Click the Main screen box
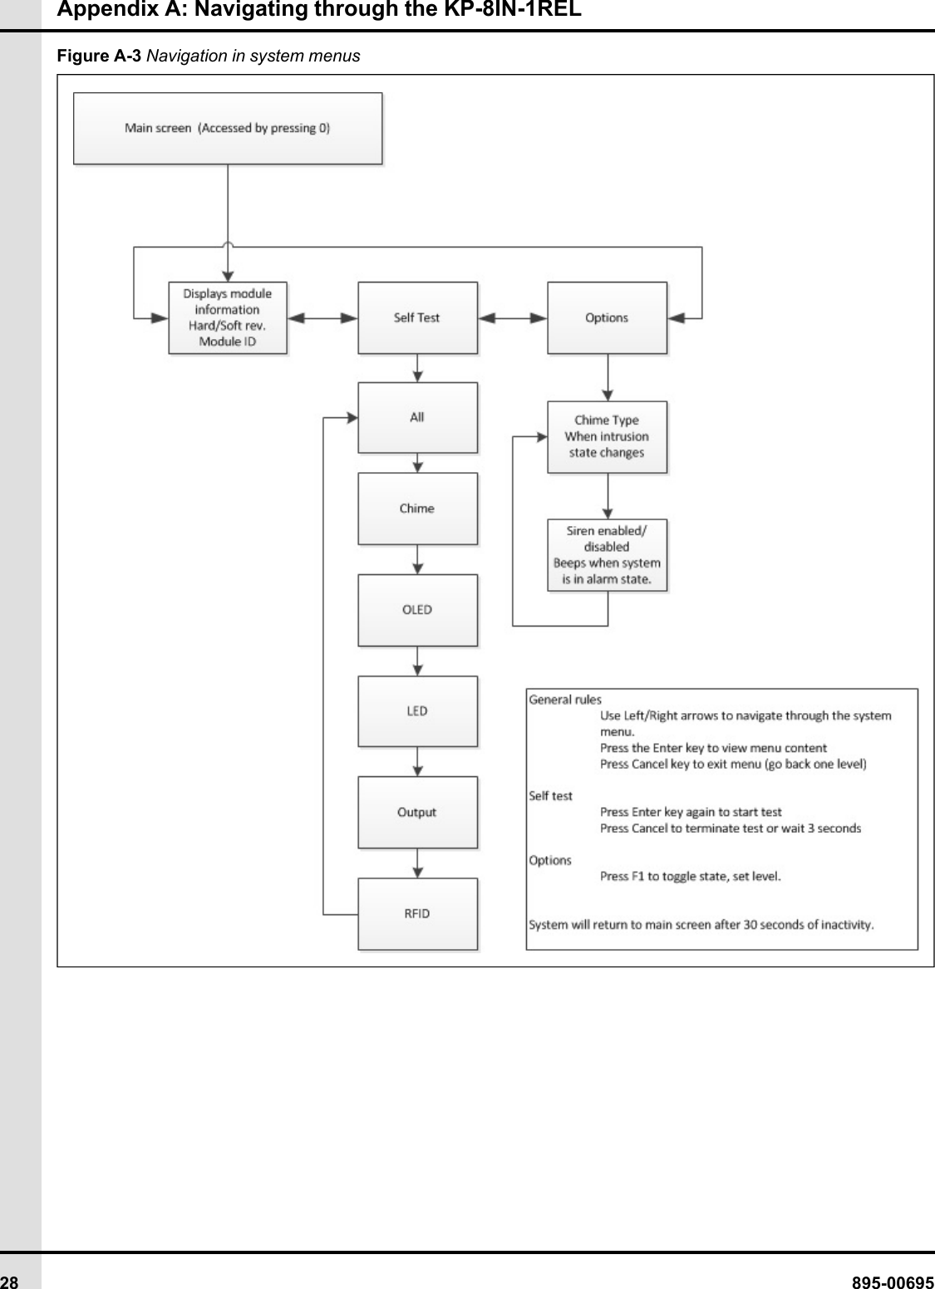click(x=228, y=128)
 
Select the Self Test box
click(x=417, y=317)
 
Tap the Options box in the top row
click(x=607, y=317)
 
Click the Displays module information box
click(x=228, y=317)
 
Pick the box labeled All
click(x=417, y=417)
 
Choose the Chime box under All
click(x=417, y=509)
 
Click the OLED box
click(x=417, y=610)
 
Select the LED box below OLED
click(x=417, y=711)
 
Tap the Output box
click(x=417, y=813)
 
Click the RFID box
click(x=417, y=914)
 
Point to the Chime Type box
click(x=607, y=436)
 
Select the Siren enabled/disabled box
click(x=607, y=555)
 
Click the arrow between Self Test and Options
click(x=512, y=317)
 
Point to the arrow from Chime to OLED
click(x=417, y=559)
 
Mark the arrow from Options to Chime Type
click(x=608, y=378)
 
